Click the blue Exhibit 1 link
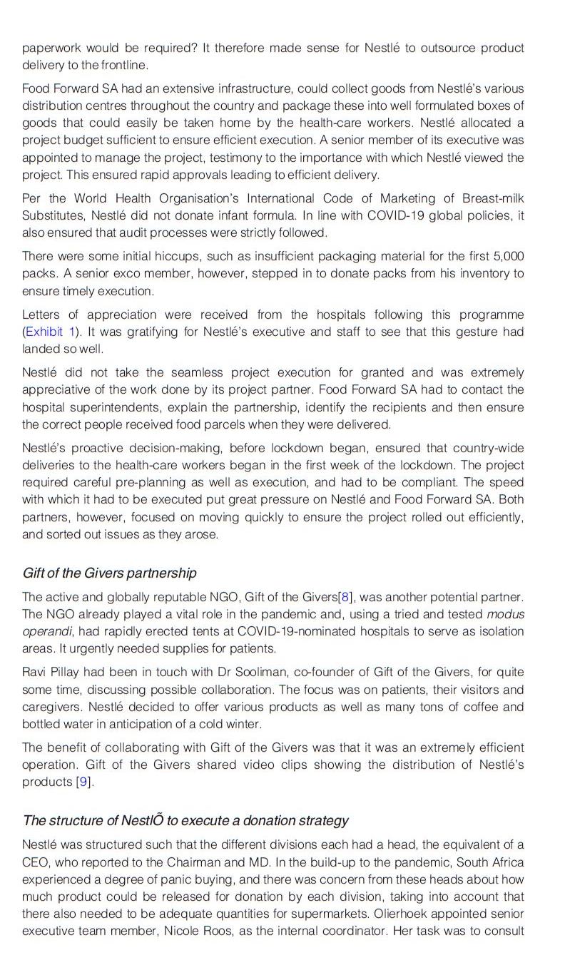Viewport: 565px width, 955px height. [51, 332]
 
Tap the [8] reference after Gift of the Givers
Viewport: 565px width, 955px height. [345, 597]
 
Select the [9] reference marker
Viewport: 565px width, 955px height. [83, 782]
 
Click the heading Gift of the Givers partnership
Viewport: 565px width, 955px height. [109, 573]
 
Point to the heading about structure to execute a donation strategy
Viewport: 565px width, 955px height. [185, 820]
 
